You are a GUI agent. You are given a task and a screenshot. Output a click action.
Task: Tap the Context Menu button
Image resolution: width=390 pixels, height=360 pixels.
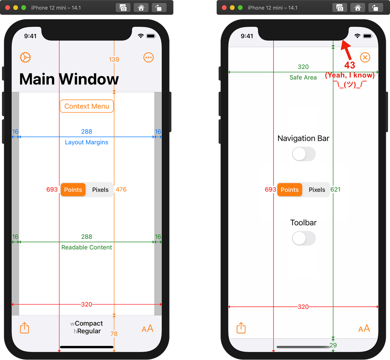pos(87,106)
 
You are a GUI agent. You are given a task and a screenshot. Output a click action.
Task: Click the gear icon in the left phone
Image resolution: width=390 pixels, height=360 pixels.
pos(25,58)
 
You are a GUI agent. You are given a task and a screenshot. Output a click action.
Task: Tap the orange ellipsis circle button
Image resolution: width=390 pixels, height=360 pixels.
pos(149,58)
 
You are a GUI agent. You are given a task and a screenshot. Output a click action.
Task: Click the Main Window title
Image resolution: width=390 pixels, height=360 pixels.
pos(69,79)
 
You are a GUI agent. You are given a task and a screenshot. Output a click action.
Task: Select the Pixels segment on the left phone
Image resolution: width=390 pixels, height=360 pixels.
pos(100,190)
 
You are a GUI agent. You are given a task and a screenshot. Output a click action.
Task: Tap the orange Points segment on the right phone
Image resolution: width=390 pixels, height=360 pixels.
pos(289,190)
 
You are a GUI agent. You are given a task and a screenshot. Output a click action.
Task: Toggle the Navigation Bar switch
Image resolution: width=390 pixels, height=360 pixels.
pos(304,154)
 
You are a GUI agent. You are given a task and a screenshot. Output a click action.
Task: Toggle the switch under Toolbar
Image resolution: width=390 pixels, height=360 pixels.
pos(304,238)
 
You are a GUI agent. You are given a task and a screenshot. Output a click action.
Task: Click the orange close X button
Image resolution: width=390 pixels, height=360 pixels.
pos(365,58)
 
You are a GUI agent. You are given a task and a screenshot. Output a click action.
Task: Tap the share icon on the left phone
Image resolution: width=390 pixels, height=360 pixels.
pos(24,328)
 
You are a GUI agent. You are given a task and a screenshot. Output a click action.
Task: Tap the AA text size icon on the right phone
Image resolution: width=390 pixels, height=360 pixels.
pos(364,328)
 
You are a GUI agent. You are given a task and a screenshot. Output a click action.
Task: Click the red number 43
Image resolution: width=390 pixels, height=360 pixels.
pos(350,65)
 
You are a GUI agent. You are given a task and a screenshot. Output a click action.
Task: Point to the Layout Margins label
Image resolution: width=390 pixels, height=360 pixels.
pos(86,142)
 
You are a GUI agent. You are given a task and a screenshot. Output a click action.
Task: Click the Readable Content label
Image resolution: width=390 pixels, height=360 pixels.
pos(86,248)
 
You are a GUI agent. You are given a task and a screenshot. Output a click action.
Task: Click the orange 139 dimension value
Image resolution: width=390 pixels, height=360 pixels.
pos(114,59)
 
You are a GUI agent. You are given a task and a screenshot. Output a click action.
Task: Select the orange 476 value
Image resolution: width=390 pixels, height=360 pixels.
pos(121,190)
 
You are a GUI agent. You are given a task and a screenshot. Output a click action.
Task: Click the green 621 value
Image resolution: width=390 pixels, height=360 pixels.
pos(336,190)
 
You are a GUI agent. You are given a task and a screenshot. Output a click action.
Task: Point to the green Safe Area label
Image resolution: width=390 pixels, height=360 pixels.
pos(303,78)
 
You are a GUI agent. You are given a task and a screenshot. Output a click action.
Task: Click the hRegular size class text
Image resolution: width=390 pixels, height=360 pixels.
pos(87,331)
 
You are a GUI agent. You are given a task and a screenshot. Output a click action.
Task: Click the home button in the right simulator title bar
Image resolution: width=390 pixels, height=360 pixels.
pos(357,8)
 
